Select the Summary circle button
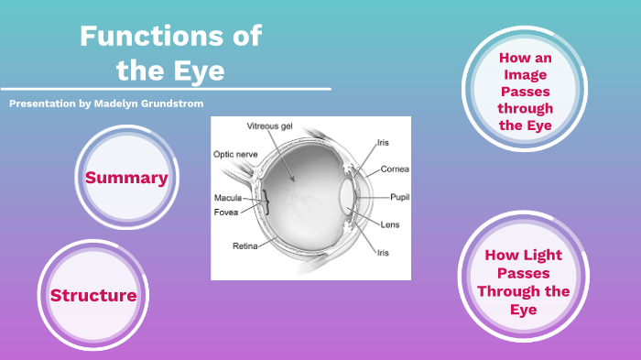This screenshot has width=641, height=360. (x=126, y=178)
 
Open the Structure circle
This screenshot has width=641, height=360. (x=93, y=295)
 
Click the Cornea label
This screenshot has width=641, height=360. (x=395, y=169)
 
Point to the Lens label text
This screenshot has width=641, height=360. (x=390, y=224)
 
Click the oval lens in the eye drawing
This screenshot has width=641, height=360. (x=346, y=196)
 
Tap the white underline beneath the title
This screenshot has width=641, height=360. (x=165, y=89)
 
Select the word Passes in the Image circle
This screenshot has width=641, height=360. (x=526, y=92)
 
